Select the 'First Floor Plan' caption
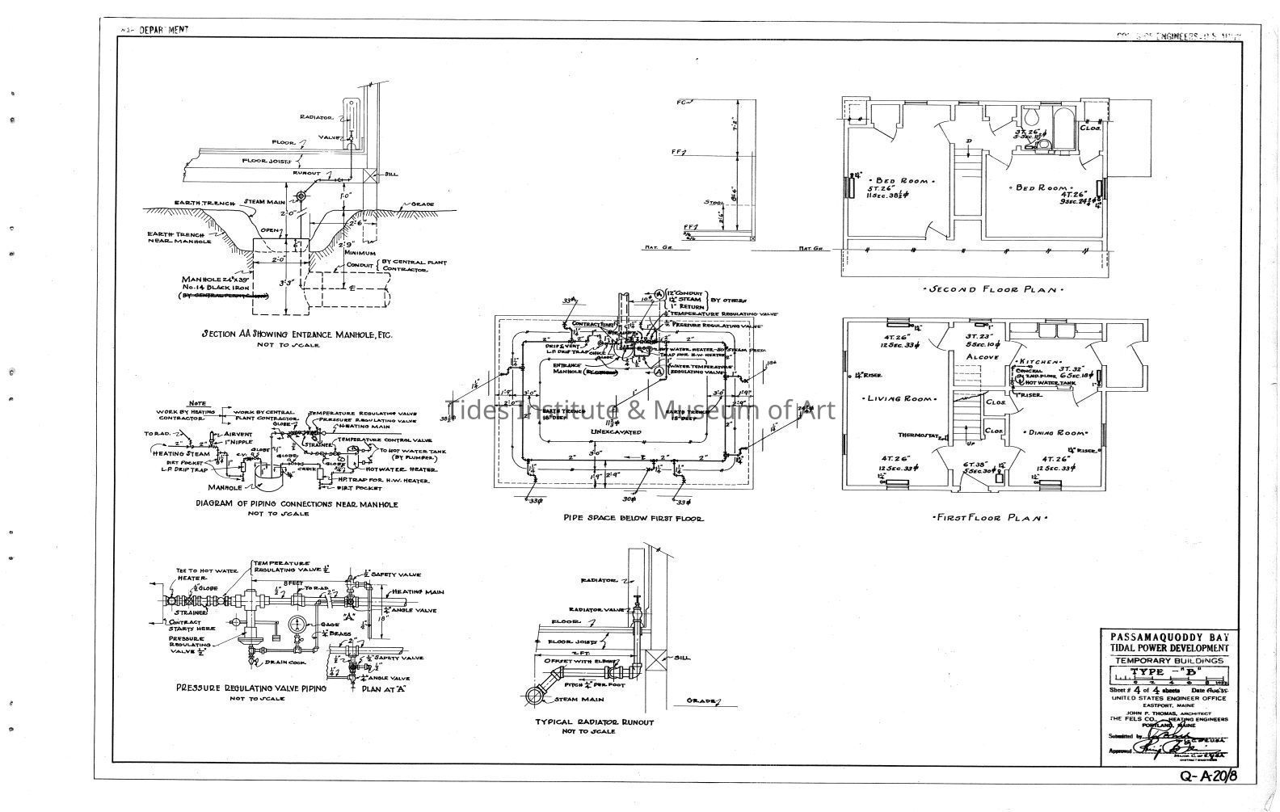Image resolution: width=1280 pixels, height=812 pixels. (x=989, y=518)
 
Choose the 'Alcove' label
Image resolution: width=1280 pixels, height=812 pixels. (x=981, y=356)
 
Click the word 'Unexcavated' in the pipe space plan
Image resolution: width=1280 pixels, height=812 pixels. (x=615, y=432)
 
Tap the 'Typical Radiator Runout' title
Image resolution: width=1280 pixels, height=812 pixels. (x=594, y=722)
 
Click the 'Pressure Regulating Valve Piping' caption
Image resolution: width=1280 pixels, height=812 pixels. (x=251, y=688)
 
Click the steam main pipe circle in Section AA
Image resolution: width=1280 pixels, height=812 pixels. (x=301, y=196)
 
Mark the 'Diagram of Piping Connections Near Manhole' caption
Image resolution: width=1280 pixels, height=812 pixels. (x=297, y=504)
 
